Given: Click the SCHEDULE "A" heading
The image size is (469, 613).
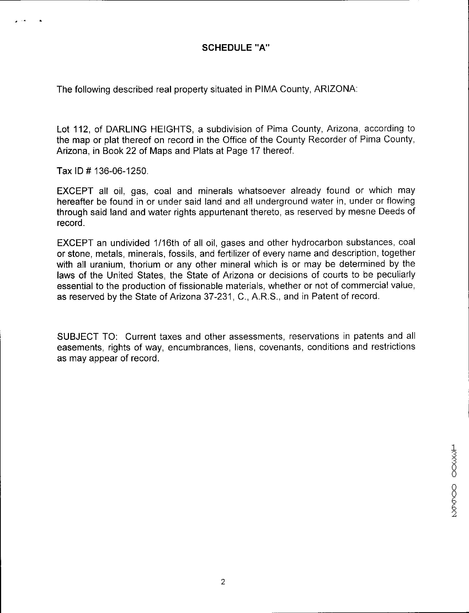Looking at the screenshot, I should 236,48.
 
